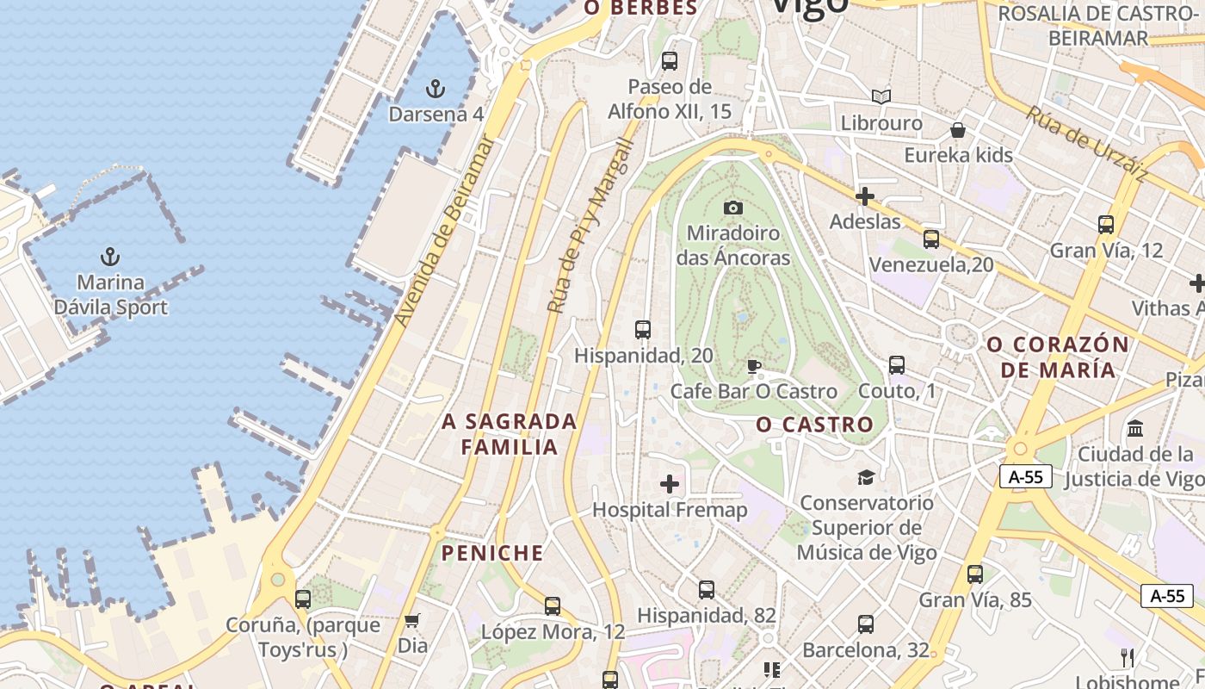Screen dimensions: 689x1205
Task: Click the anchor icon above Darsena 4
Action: pos(436,88)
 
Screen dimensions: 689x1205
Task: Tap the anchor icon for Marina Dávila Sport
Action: pos(110,256)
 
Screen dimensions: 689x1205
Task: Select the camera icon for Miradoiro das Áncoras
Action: pos(733,208)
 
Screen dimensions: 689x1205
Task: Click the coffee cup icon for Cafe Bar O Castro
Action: pos(754,367)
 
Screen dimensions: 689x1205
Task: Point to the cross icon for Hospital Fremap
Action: pos(670,484)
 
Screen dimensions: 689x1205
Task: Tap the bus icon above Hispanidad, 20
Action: pos(642,330)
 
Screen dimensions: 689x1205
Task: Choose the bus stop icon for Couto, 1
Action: pos(897,365)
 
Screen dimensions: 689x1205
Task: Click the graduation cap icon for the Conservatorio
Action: pos(866,477)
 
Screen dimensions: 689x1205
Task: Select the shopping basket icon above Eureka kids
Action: pos(958,130)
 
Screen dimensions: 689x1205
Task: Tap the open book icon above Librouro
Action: pos(881,96)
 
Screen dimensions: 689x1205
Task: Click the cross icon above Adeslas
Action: pos(865,196)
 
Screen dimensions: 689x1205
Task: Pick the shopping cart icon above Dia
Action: pos(412,620)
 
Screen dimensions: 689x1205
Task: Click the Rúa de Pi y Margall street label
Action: pos(590,226)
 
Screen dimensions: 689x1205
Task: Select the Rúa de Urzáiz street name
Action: pos(1086,143)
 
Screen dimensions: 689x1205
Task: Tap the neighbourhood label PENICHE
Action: pos(493,553)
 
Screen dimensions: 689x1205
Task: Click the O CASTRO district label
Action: pos(814,425)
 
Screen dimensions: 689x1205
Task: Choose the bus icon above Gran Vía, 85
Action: pos(975,574)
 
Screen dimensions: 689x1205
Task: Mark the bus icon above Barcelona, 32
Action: pos(866,624)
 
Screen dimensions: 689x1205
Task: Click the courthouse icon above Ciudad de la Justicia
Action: pos(1135,428)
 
